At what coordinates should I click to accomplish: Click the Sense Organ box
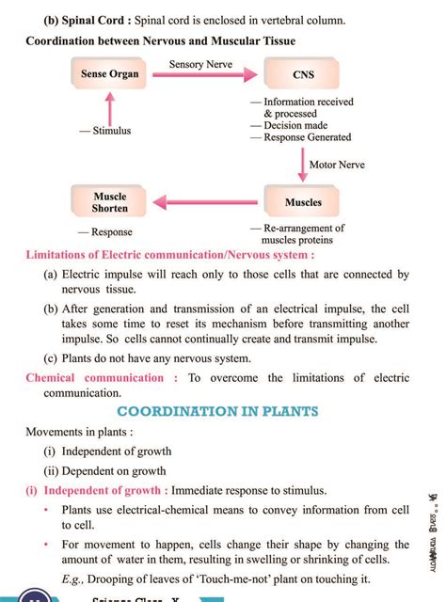point(109,73)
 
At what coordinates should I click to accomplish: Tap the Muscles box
point(303,202)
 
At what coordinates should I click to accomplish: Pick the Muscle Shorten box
point(109,202)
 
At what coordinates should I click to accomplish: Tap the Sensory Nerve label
point(200,63)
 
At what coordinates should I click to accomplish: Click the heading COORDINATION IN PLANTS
point(217,411)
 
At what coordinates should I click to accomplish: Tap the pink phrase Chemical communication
point(94,378)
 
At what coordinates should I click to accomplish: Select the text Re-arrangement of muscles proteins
point(304,233)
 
